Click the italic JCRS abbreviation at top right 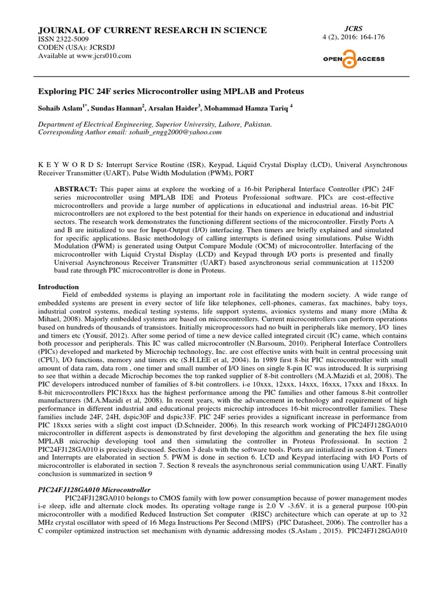coord(354,28)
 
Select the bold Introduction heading coord(58,287)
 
